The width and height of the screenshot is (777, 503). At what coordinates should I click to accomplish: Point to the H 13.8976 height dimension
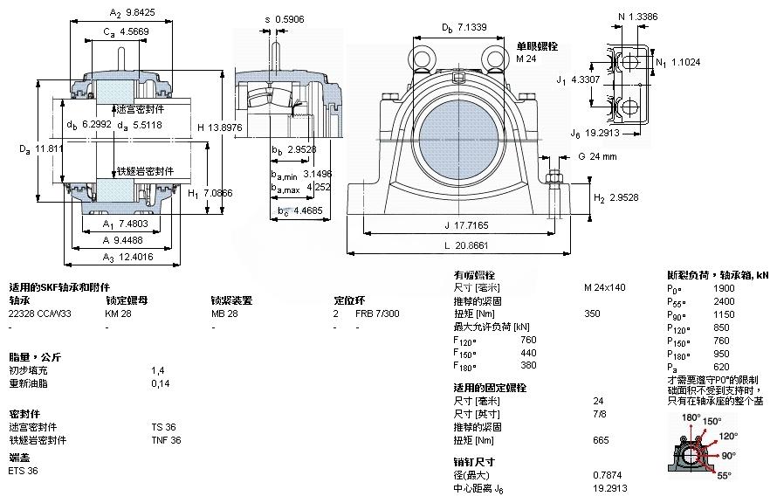pos(217,127)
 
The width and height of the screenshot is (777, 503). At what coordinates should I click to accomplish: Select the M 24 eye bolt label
pos(526,59)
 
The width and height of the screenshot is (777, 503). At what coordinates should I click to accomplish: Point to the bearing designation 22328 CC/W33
pos(40,313)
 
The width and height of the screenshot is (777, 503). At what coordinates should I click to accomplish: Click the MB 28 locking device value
pos(224,313)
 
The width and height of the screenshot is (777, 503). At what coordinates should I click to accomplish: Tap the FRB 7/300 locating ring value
pos(377,313)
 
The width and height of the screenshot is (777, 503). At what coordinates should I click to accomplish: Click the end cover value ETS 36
pos(23,471)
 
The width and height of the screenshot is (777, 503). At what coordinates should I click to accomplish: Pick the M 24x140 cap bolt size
pos(604,287)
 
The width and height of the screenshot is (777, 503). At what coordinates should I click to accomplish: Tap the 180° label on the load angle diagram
pos(691,418)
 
